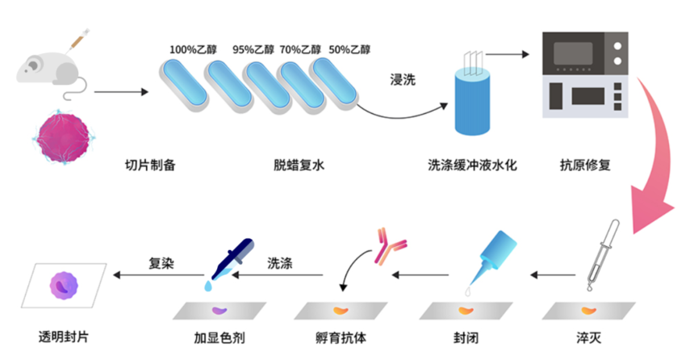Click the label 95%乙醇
tap(253, 48)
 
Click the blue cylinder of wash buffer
tap(471, 100)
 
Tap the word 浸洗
tap(403, 81)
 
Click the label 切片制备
tap(149, 166)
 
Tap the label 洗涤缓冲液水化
tap(472, 166)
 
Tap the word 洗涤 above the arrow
tap(280, 262)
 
